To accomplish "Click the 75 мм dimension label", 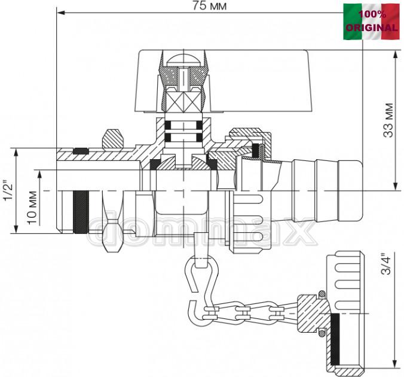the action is tap(210, 5).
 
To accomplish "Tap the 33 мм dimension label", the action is tap(388, 120).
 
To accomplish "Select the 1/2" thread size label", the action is tap(8, 191).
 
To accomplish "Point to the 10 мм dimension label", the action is tap(32, 208).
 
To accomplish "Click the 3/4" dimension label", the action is tap(385, 264).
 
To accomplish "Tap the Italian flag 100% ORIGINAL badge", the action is tap(371, 22).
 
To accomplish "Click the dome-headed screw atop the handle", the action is tap(183, 60).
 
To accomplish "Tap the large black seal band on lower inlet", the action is tap(81, 212).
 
